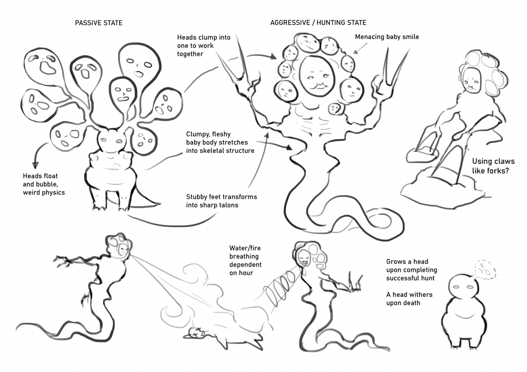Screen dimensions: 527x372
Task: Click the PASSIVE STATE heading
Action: [x=99, y=23]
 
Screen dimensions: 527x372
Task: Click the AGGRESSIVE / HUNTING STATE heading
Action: [x=318, y=23]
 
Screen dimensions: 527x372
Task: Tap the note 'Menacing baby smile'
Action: [x=387, y=37]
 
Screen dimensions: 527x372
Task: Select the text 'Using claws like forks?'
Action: [x=493, y=166]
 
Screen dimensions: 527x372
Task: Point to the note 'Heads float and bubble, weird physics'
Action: [x=44, y=184]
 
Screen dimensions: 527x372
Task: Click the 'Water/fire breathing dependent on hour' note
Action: [x=246, y=260]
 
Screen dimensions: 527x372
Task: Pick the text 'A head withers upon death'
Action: [x=409, y=299]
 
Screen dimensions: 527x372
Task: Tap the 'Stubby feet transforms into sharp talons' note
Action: [x=221, y=201]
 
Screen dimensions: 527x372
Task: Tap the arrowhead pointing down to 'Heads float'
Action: [x=35, y=165]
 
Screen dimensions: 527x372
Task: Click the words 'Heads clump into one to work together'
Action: [x=203, y=46]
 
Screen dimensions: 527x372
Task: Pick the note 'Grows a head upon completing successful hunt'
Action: [x=412, y=270]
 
